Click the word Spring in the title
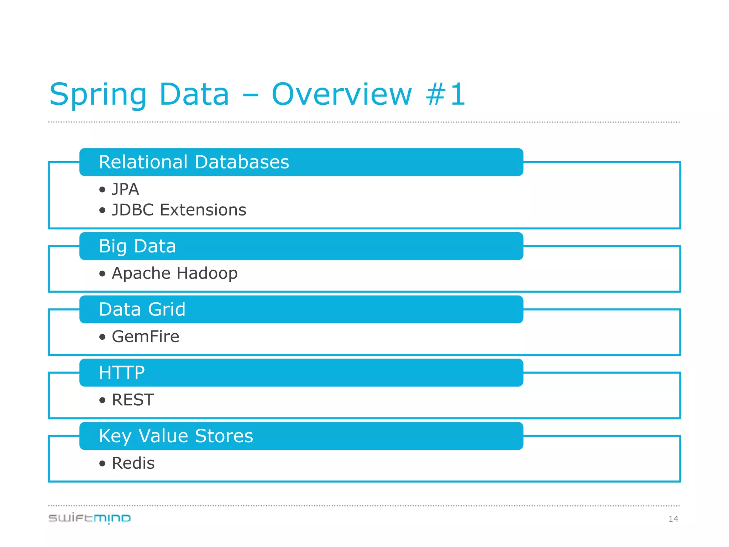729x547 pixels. (98, 95)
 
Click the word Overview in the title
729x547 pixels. (342, 95)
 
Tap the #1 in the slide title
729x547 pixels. (446, 95)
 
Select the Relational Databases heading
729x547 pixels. (194, 162)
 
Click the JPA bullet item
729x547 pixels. (125, 189)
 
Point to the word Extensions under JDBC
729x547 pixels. (203, 210)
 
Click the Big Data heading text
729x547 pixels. (137, 246)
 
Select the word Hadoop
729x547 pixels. (207, 273)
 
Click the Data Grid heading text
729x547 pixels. (142, 309)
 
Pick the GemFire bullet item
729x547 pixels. (145, 337)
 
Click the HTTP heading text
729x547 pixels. (122, 373)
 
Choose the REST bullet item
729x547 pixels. (133, 400)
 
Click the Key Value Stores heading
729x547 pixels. (176, 436)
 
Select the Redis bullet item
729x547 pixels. (133, 463)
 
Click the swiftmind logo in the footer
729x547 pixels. (89, 518)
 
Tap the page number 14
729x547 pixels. (673, 519)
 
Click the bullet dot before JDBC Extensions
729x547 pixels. (103, 210)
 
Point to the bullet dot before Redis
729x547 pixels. (103, 463)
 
